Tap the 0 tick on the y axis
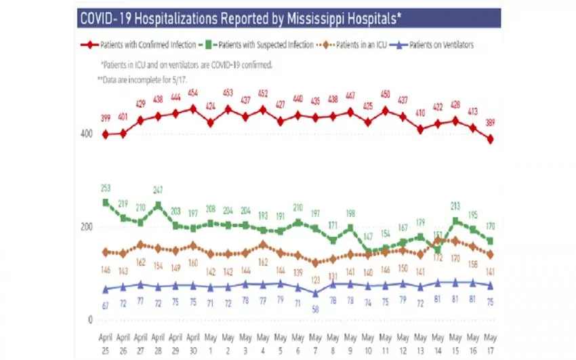coord(89,319)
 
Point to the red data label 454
coord(193,93)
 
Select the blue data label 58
coord(315,309)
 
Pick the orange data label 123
coord(315,280)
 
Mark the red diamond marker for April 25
coord(105,134)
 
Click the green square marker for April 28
coord(158,205)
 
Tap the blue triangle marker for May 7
coord(315,294)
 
